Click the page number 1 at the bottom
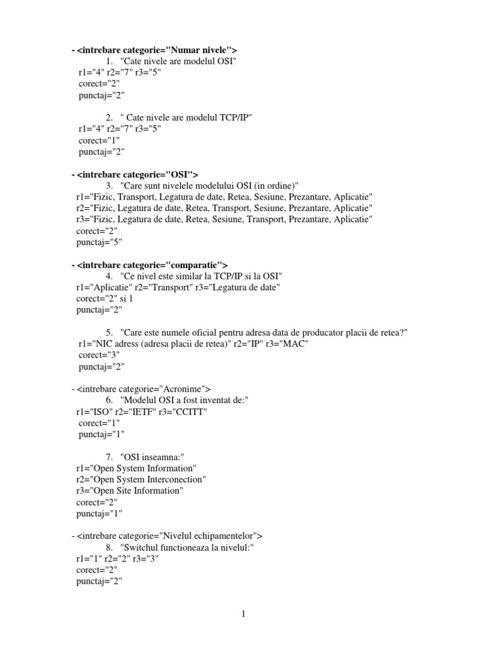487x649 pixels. pyautogui.click(x=243, y=614)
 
